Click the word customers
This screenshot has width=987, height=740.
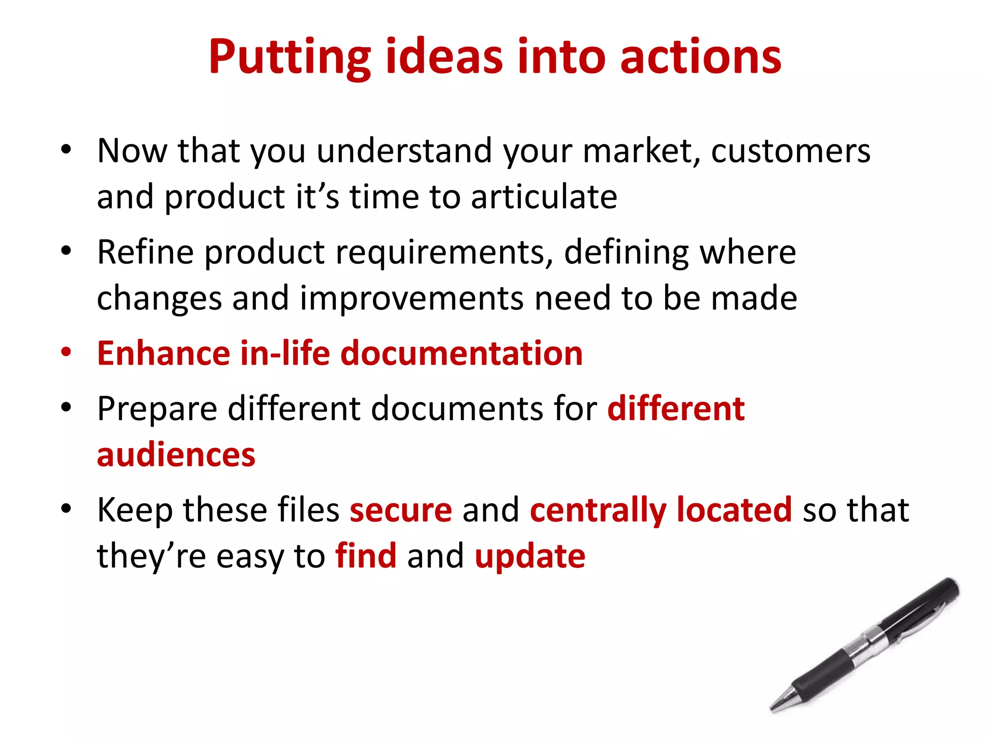(x=790, y=151)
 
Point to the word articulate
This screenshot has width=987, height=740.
(x=544, y=198)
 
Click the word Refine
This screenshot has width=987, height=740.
(x=145, y=252)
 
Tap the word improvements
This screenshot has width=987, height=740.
(x=412, y=299)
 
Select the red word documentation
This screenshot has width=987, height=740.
(x=462, y=354)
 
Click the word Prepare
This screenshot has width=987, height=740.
(x=157, y=410)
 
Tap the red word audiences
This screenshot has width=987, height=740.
(x=176, y=455)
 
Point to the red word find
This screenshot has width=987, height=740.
(x=366, y=556)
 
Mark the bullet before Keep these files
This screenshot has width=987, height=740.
(x=66, y=508)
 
